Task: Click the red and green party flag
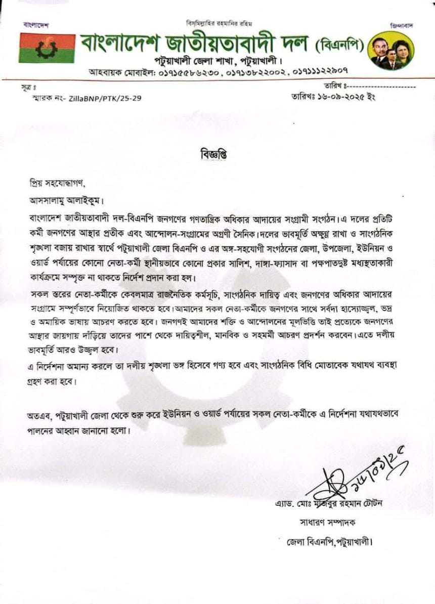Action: point(47,48)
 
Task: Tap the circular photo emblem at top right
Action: point(391,51)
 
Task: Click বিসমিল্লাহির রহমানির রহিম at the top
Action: point(219,23)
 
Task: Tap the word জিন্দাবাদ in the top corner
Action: point(402,25)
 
